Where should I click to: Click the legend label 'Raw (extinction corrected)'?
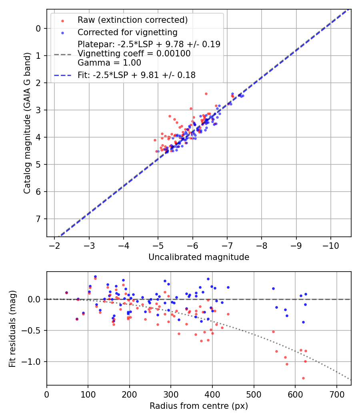132,20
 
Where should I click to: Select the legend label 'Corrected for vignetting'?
127,32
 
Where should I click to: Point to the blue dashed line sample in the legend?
62,75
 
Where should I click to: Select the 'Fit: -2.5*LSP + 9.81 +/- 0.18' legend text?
136,75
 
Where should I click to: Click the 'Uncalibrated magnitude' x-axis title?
199,257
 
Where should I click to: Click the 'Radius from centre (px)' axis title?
199,406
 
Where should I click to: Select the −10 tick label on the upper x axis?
330,244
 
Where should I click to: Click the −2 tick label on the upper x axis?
55,244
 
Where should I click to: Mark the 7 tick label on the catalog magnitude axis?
38,219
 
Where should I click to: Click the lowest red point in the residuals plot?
303,378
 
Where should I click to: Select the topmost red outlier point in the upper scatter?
206,94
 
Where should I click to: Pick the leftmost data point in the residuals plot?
66,293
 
